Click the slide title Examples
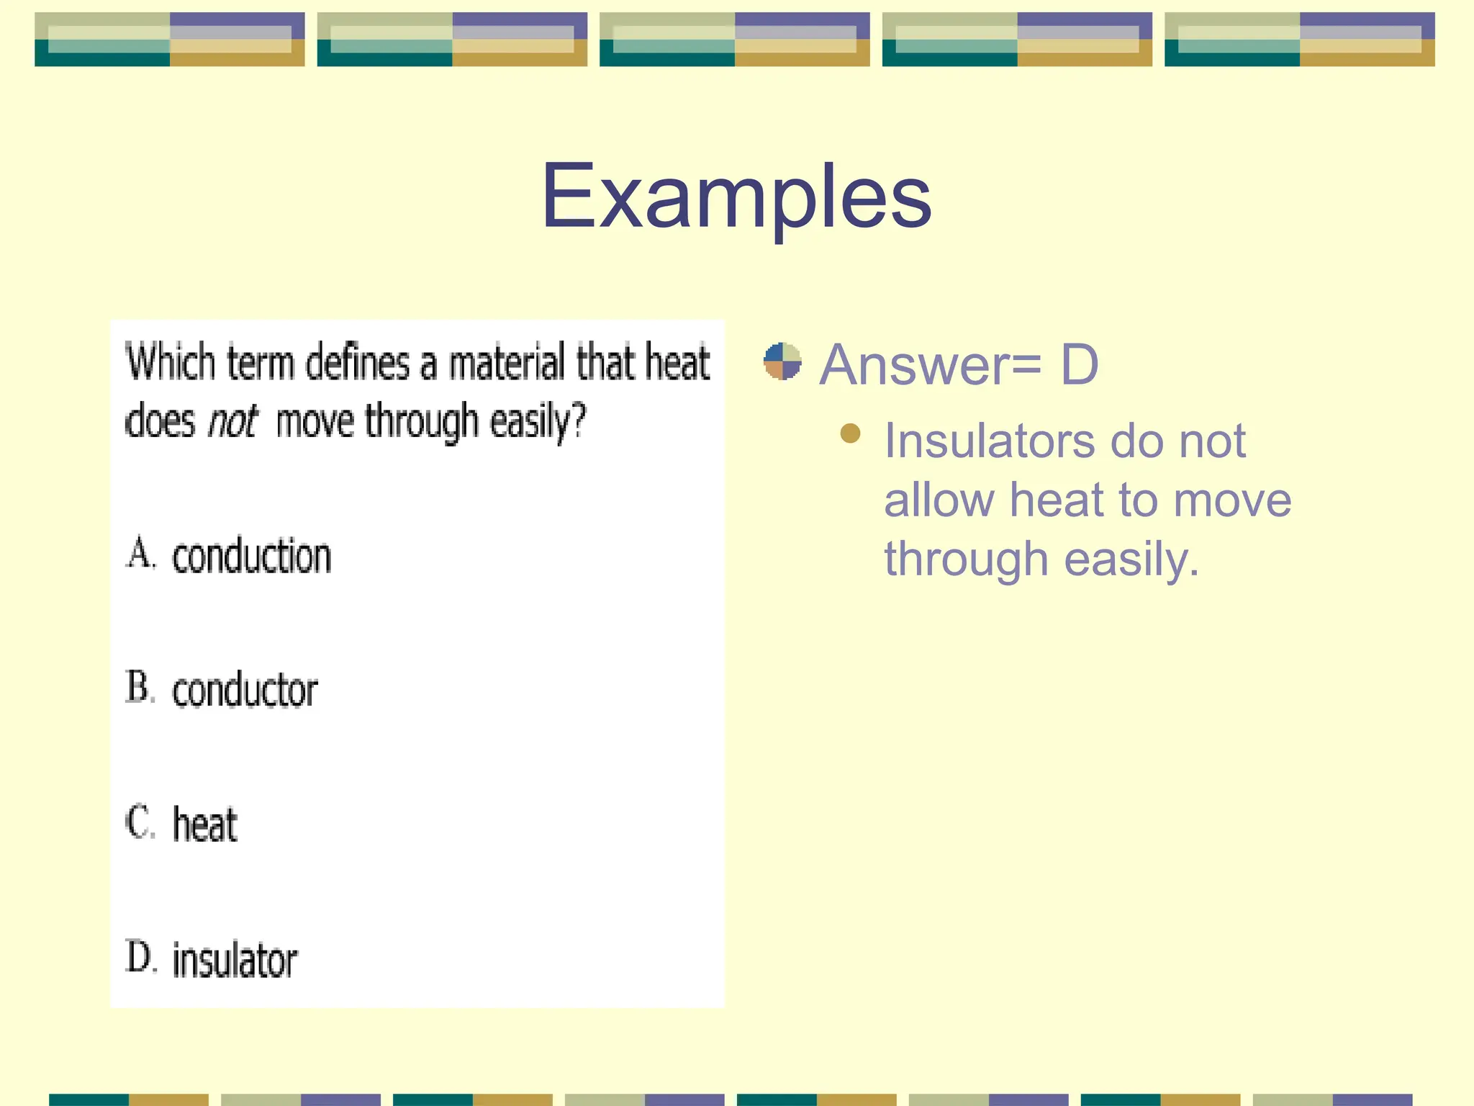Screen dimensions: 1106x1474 click(736, 196)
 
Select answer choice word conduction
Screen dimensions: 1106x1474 click(251, 557)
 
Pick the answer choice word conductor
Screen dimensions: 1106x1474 click(245, 691)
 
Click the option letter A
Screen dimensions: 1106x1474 click(140, 554)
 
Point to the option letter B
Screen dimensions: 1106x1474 click(140, 687)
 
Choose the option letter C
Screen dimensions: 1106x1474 click(140, 822)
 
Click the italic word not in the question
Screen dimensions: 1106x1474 click(232, 421)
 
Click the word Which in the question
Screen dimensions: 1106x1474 click(170, 361)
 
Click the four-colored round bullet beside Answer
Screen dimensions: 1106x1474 click(782, 361)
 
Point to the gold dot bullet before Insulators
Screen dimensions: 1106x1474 click(850, 433)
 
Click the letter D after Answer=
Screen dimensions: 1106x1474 click(1079, 364)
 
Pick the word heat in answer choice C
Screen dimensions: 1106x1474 click(205, 825)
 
